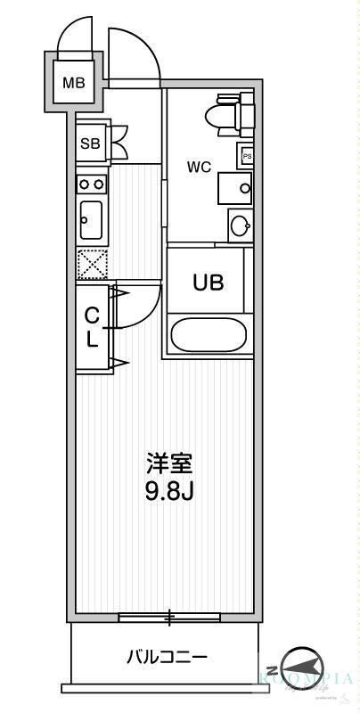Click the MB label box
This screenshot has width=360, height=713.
tap(73, 84)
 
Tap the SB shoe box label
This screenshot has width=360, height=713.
tap(90, 143)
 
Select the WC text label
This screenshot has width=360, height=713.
tap(198, 166)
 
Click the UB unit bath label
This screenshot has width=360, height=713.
tap(209, 282)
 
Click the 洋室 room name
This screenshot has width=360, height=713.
tap(169, 463)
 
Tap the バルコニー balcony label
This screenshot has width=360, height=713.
tap(167, 658)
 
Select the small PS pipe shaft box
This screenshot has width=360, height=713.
tap(246, 155)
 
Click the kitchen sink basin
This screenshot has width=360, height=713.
tap(91, 217)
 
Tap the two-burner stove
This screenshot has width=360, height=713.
tap(92, 184)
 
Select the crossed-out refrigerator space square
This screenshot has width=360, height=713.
tap(92, 264)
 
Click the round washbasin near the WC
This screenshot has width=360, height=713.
tap(240, 225)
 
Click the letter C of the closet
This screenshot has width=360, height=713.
tap(91, 315)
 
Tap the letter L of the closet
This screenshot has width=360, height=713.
tap(91, 339)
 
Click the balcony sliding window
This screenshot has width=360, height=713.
tap(170, 617)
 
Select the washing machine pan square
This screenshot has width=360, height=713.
tap(234, 188)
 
